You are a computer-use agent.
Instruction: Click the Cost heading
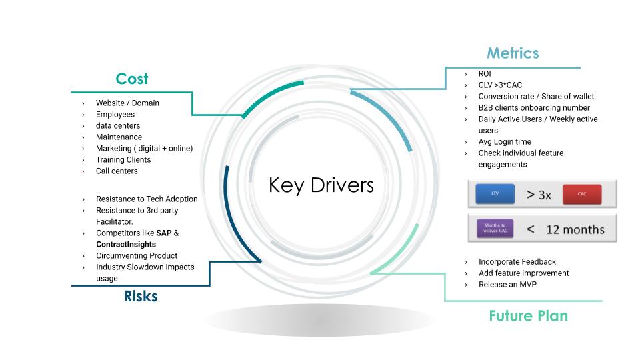click(132, 79)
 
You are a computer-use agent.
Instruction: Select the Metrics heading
click(513, 53)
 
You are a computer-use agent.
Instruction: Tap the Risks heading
click(141, 296)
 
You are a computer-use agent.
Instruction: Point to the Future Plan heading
click(528, 315)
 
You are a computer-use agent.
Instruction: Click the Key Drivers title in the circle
click(321, 185)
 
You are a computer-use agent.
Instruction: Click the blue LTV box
click(495, 194)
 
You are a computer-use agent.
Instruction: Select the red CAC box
click(582, 194)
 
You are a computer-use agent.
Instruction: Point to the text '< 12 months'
click(565, 229)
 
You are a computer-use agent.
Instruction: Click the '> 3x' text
click(539, 195)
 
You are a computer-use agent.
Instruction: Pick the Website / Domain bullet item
click(127, 103)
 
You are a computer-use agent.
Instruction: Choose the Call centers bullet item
click(117, 171)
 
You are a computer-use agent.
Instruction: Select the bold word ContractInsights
click(126, 245)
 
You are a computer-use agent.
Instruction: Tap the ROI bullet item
click(485, 74)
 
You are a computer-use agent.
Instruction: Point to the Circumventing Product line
click(137, 256)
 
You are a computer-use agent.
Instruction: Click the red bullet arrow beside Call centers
click(83, 171)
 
